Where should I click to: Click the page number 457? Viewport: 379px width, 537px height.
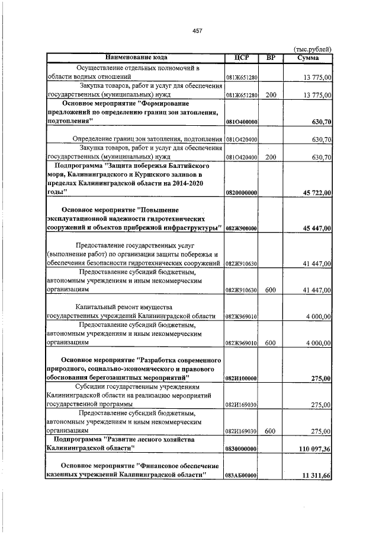click(197, 31)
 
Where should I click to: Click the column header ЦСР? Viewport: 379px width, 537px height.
click(241, 58)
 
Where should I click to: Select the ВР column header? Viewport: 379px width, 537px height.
click(271, 58)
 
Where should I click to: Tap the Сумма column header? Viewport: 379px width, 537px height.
click(309, 58)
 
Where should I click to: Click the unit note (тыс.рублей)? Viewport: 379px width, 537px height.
click(313, 49)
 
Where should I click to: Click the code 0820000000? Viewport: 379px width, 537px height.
click(241, 193)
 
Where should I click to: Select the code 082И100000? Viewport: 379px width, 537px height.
click(241, 377)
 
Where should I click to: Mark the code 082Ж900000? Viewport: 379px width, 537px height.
click(241, 229)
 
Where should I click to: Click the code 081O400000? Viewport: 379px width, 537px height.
click(241, 122)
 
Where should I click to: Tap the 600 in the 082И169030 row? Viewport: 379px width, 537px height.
click(271, 431)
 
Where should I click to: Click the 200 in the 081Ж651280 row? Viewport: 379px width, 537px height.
click(271, 94)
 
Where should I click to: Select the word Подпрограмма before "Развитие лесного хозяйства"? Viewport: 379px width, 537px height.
click(76, 439)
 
